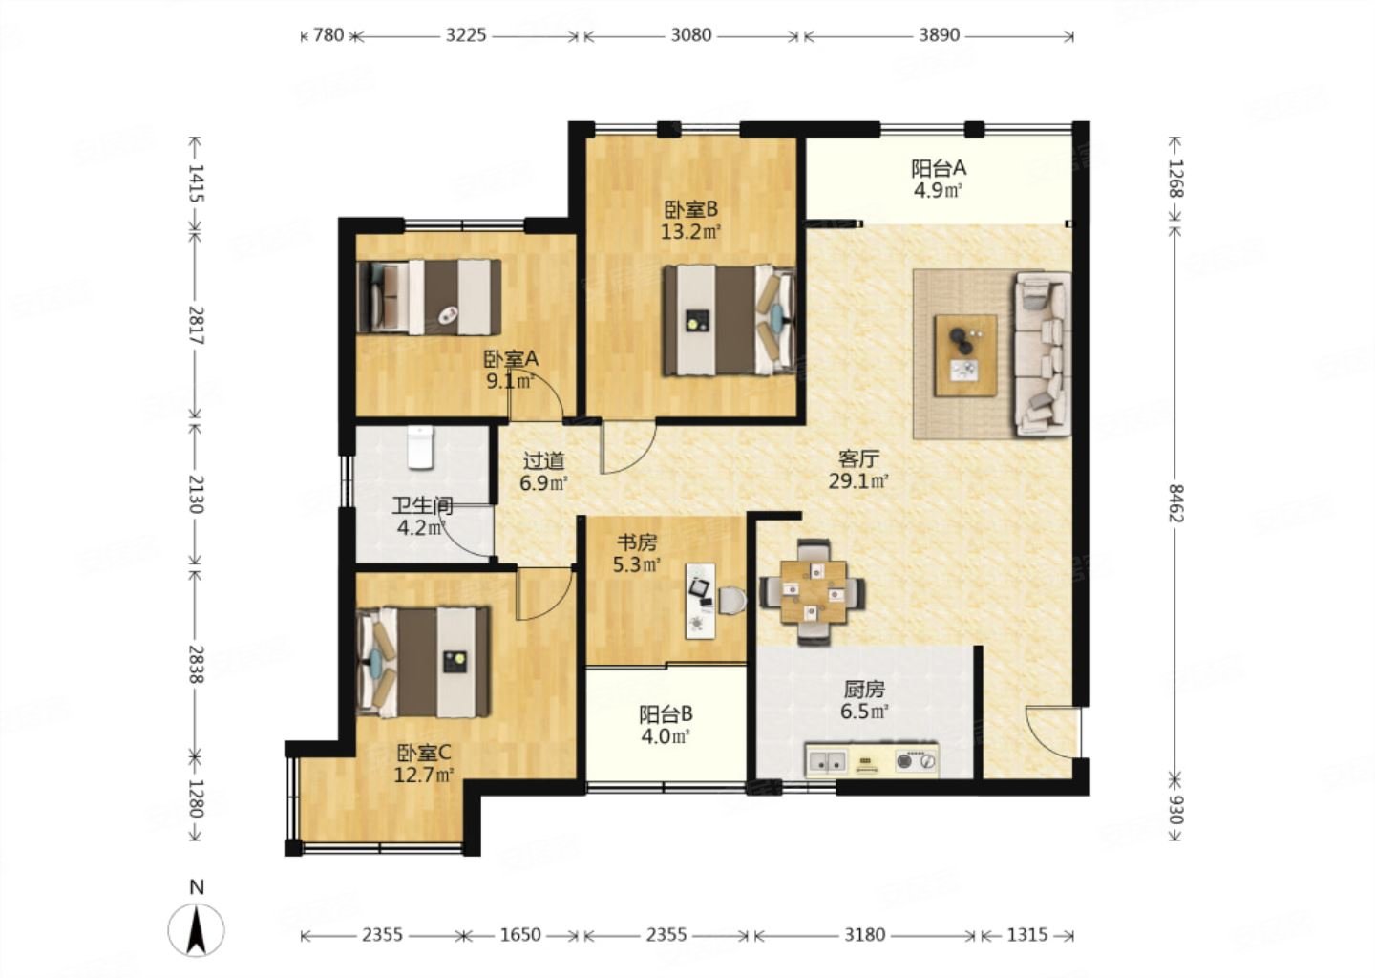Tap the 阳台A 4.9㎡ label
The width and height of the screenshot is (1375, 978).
(x=938, y=179)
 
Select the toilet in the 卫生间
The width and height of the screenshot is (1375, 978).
(x=420, y=448)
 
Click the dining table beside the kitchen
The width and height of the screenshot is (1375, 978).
(x=813, y=591)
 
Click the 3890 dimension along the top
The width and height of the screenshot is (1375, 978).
(x=939, y=35)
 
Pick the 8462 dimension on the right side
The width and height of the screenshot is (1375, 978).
(x=1175, y=502)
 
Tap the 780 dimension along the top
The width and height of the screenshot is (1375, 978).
(x=328, y=35)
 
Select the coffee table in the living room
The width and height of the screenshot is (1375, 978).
(x=965, y=355)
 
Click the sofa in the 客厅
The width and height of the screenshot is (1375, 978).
(x=1043, y=354)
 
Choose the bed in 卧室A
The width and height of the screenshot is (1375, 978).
(x=429, y=297)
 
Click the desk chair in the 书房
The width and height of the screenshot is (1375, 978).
(x=732, y=601)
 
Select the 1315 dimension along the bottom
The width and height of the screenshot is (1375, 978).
(x=1027, y=935)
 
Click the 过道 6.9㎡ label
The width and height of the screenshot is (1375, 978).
(x=543, y=472)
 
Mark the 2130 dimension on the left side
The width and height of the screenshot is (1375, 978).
(x=196, y=494)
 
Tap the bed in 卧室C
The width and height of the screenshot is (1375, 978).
(x=424, y=662)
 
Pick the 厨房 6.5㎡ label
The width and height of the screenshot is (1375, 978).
(x=864, y=700)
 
